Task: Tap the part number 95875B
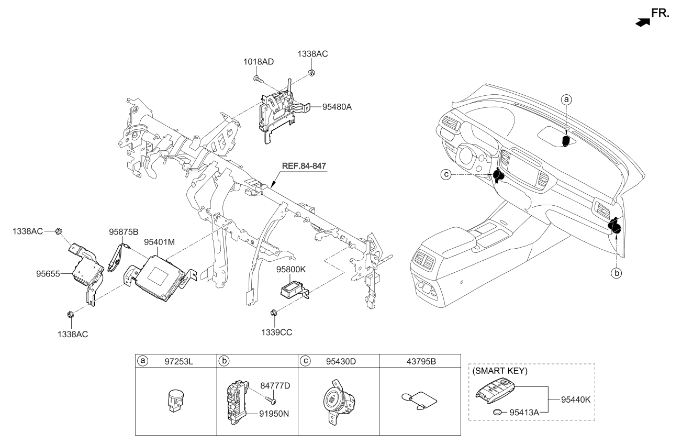(124, 231)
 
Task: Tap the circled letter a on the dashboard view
(565, 99)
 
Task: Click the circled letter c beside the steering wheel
(445, 174)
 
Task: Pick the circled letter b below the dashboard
(617, 273)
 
